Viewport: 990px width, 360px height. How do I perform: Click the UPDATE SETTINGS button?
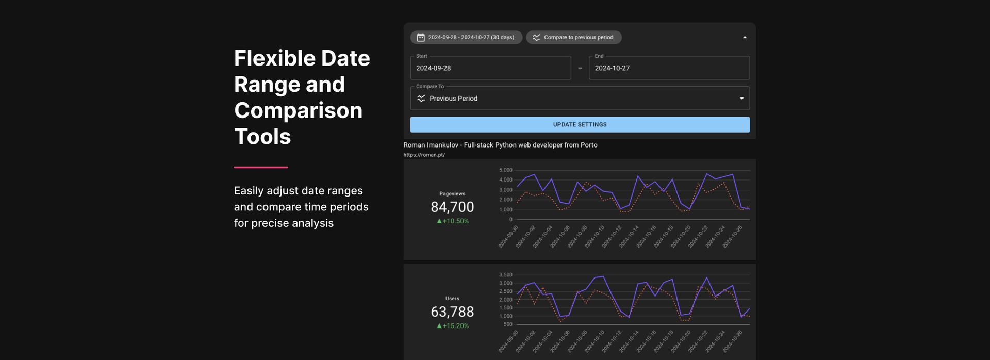click(x=580, y=124)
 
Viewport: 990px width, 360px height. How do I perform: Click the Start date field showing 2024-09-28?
click(x=490, y=68)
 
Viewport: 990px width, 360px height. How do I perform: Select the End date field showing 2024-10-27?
click(x=669, y=68)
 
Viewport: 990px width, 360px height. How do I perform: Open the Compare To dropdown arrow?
click(x=741, y=99)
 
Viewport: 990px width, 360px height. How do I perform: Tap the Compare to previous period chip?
click(x=573, y=37)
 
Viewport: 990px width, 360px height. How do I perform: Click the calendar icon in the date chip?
click(x=421, y=37)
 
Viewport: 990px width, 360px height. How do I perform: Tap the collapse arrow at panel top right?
click(x=744, y=37)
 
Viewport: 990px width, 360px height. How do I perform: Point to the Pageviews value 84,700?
click(x=452, y=207)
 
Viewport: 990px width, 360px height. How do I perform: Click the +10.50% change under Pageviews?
click(x=453, y=221)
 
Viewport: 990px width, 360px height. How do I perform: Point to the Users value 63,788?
click(x=452, y=312)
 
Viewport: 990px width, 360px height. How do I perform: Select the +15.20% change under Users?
click(x=453, y=325)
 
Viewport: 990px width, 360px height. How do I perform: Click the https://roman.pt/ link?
click(x=424, y=155)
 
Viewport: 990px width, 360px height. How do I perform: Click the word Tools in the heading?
click(x=262, y=137)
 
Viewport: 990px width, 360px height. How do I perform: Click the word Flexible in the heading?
click(x=274, y=58)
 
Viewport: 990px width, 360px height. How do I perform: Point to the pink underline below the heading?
click(x=260, y=167)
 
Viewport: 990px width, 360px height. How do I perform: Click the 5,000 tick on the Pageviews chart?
click(x=505, y=170)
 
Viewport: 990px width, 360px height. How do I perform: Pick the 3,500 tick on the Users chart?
click(x=505, y=275)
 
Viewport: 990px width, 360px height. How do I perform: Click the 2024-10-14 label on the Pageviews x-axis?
click(x=629, y=237)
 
